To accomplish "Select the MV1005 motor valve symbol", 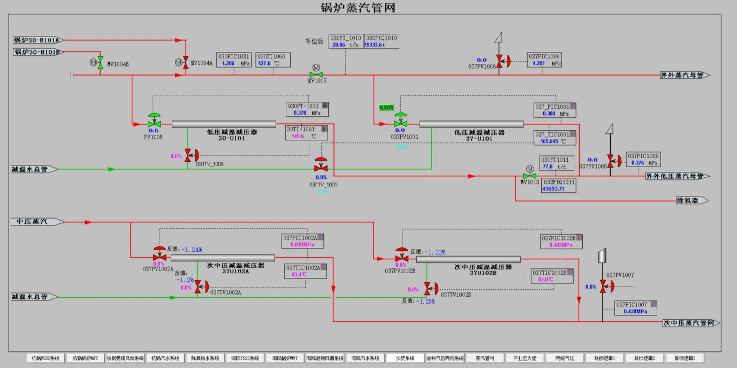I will pyautogui.click(x=315, y=74).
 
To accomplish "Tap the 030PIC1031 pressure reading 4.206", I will pyautogui.click(x=228, y=63).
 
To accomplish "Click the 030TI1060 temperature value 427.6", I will pyautogui.click(x=264, y=63).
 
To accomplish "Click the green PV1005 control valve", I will pyautogui.click(x=154, y=123).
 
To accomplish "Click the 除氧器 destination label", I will pyautogui.click(x=689, y=200).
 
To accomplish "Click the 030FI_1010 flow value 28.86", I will pyautogui.click(x=339, y=46).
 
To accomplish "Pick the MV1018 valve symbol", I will pyautogui.click(x=529, y=175).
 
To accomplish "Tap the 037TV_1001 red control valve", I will pyautogui.click(x=321, y=168).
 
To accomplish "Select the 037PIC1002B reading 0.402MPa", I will pyautogui.click(x=560, y=245).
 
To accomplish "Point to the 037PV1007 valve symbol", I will pyautogui.click(x=603, y=287).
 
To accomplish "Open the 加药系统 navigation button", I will pyautogui.click(x=405, y=358).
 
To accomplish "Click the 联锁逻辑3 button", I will pyautogui.click(x=685, y=358).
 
